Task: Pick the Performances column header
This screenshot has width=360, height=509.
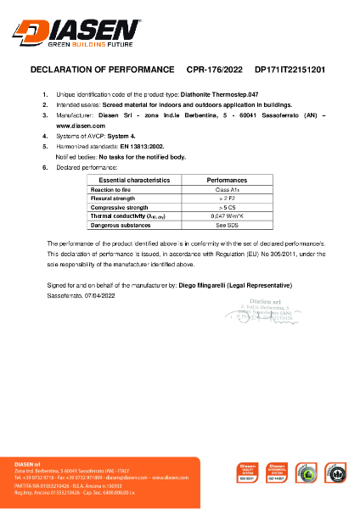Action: pos(227,181)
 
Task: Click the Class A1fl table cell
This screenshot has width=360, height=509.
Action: pos(227,190)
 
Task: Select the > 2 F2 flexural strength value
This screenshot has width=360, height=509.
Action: pos(227,199)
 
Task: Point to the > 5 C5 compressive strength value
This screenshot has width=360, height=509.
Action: pos(227,207)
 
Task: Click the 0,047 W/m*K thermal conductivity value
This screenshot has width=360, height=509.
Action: pos(227,216)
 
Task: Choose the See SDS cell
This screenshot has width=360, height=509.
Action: pos(227,225)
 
